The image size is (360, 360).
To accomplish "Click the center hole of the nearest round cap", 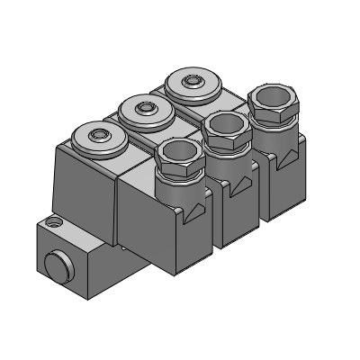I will (98, 139).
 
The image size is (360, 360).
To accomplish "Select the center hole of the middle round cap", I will (144, 109).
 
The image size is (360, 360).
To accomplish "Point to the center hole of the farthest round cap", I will (190, 82).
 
